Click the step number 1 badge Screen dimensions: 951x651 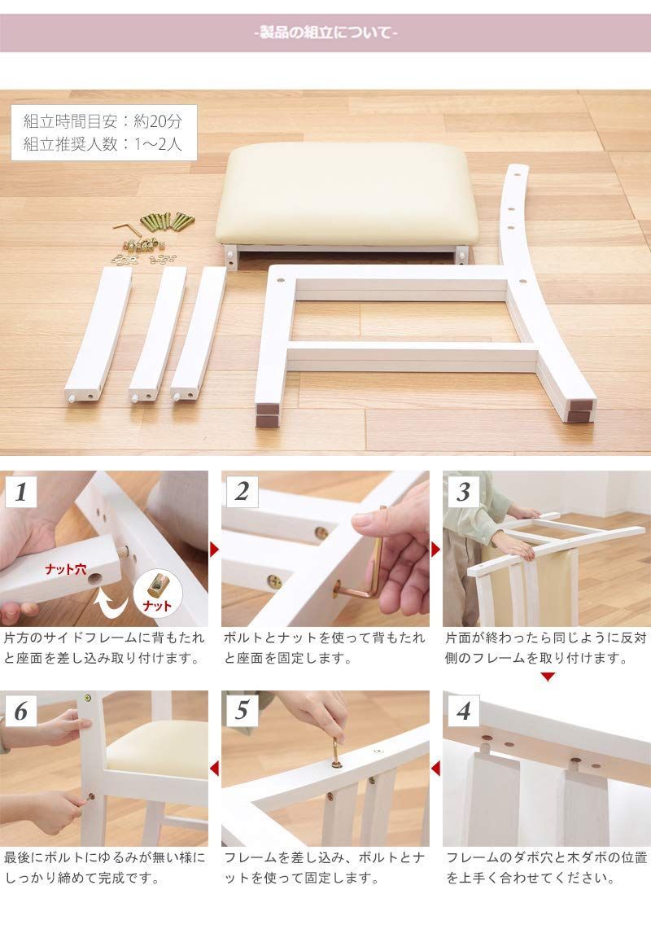[21, 491]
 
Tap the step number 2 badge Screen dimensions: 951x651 [242, 491]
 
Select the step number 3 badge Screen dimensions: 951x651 [463, 491]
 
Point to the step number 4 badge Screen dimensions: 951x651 [463, 711]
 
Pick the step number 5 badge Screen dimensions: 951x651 [242, 711]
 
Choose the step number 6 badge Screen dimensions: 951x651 [21, 711]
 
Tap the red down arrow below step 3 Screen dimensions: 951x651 [548, 677]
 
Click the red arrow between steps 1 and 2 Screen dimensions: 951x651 [215, 550]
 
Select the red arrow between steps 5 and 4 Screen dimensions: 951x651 [435, 767]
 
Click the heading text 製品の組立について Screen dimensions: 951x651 [325, 33]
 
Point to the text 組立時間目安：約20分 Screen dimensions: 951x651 [103, 122]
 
